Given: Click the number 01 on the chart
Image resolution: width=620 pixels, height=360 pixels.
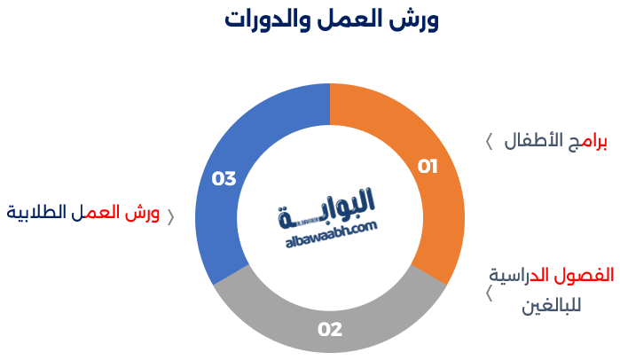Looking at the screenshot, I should [428, 166].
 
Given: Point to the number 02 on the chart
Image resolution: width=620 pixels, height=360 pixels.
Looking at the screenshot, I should [330, 330].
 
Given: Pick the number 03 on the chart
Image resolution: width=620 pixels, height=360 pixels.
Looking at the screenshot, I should [224, 179].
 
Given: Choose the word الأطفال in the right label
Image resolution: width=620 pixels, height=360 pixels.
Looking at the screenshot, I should [535, 143].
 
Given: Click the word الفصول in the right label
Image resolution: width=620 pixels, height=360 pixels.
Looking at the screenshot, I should [587, 275].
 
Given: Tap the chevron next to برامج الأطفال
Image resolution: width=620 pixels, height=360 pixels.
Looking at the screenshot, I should [489, 143].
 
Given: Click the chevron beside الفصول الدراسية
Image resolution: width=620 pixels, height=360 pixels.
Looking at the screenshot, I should [489, 293].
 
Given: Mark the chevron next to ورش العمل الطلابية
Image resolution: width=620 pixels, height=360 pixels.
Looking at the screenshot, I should [171, 215].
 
